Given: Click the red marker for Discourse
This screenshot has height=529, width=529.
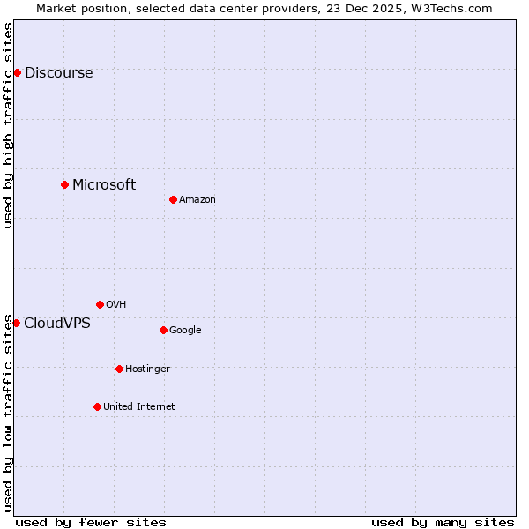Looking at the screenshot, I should (17, 72).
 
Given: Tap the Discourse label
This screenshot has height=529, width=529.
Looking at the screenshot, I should (58, 73).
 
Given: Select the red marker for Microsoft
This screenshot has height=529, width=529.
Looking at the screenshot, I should (64, 184).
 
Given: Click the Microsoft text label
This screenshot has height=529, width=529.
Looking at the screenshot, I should (104, 184).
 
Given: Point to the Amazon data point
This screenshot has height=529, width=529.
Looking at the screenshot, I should (173, 199).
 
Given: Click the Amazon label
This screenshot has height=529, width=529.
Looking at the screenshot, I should (197, 200).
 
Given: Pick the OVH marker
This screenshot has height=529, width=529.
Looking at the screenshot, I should (100, 304).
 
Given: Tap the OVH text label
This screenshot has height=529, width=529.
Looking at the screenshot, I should (115, 305).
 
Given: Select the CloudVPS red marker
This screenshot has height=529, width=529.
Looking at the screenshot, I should (16, 323).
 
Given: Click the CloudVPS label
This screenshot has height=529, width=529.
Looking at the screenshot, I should (57, 323).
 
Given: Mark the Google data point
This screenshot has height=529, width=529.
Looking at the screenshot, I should (163, 330).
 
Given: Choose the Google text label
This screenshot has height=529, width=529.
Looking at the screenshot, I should (185, 331).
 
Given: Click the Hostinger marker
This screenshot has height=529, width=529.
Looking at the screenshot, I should (119, 369).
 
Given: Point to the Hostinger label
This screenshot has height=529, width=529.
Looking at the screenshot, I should (147, 369).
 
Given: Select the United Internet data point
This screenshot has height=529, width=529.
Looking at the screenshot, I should (97, 406).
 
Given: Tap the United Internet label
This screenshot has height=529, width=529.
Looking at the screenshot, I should (139, 406).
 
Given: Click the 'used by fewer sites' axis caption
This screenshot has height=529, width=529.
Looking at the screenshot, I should (91, 522).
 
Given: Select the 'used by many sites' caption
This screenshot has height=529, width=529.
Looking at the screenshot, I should (443, 522).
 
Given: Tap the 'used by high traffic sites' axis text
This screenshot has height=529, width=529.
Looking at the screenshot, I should (9, 125).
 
